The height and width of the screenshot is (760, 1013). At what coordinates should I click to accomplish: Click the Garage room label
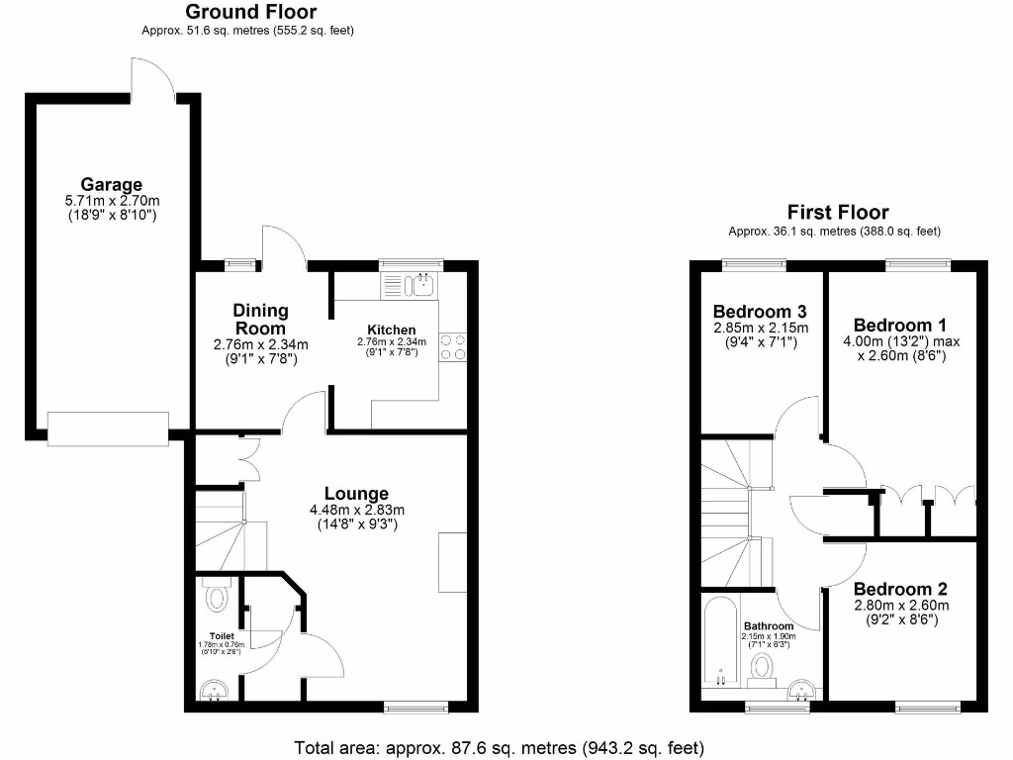tap(111, 184)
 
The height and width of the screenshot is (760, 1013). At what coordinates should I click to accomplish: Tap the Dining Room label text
tap(260, 320)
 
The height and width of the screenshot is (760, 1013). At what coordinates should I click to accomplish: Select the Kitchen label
tap(391, 330)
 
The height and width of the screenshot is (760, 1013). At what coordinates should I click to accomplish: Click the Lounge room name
tap(356, 494)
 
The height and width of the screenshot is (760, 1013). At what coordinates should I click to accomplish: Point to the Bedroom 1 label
tap(892, 325)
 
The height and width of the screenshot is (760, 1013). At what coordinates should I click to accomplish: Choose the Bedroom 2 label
tap(893, 589)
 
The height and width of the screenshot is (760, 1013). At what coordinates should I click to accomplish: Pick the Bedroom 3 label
tap(760, 312)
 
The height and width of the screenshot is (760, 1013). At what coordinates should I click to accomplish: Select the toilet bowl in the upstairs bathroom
tap(763, 666)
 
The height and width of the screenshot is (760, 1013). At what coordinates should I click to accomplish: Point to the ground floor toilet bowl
tap(217, 598)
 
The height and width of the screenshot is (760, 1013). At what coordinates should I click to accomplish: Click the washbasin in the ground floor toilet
tap(213, 690)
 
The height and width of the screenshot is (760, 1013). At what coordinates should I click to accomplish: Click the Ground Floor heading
tap(251, 12)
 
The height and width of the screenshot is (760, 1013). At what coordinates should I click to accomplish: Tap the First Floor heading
tap(837, 212)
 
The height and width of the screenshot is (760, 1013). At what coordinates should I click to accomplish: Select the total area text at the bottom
tap(500, 747)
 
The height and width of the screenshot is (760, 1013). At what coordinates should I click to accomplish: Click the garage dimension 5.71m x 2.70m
tap(111, 200)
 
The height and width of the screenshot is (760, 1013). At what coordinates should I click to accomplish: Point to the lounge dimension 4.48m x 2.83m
tap(357, 511)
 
